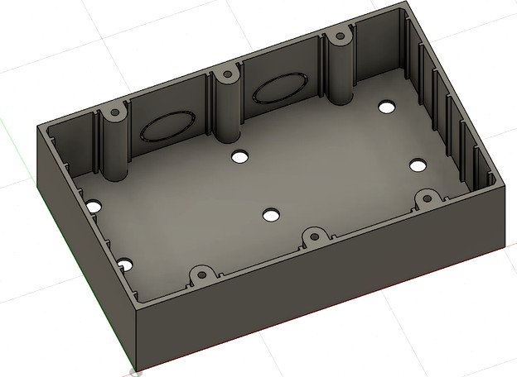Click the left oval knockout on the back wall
168,126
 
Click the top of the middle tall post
225,75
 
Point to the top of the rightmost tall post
338,38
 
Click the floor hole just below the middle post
240,155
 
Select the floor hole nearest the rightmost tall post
385,107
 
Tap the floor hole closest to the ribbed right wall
418,165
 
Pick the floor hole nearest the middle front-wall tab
270,215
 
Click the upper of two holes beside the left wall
92,203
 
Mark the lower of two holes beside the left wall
124,265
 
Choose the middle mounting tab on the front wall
313,237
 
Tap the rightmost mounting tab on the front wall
427,198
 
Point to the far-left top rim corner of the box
41,127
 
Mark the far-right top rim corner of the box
503,191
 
